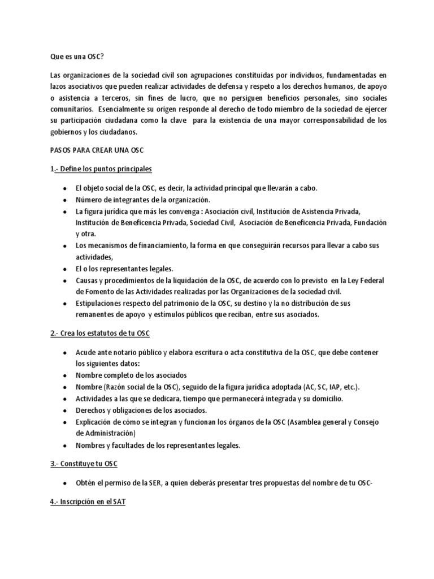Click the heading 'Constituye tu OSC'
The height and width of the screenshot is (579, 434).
84,464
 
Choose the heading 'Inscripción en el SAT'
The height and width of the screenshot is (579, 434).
89,501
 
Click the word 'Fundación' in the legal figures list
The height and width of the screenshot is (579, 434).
371,223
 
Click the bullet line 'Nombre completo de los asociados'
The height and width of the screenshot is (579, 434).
131,375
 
